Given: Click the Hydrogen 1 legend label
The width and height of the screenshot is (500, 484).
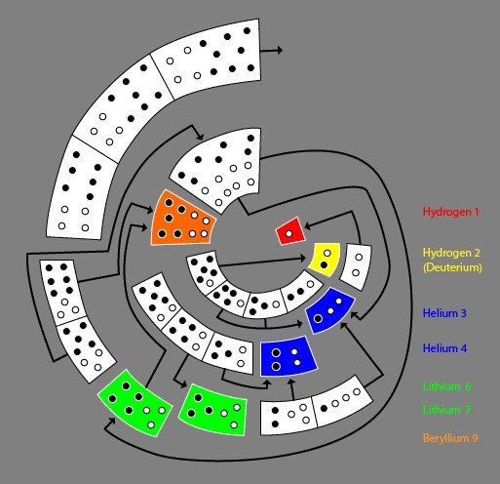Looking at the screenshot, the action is point(450,212).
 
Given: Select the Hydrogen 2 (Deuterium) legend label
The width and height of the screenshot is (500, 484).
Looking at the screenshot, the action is point(452,260).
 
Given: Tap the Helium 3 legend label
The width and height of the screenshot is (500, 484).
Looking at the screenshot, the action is point(444,313).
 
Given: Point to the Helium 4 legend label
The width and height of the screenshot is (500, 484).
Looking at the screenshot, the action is point(444,348).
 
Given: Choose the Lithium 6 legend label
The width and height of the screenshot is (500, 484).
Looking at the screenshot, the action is point(446,386).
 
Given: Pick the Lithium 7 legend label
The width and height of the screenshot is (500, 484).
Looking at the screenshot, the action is point(446,410).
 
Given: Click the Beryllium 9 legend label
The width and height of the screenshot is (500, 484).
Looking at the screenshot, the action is point(450,438).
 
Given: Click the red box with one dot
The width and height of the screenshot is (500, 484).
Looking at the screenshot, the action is point(290,231).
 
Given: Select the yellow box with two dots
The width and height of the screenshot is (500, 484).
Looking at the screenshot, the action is point(325,260).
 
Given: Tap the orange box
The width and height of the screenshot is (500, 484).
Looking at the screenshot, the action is point(182,220).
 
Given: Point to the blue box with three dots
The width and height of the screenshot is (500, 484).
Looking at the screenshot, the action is point(329,310).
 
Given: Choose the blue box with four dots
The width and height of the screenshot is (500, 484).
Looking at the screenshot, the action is point(288,356).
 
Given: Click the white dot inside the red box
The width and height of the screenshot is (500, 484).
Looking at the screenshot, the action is point(288,233).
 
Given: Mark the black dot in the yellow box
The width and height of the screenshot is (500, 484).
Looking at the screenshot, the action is point(324,265).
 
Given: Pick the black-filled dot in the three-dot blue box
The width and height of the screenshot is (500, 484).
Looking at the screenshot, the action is point(319,319).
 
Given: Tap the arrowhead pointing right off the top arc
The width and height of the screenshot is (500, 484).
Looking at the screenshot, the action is point(279,50).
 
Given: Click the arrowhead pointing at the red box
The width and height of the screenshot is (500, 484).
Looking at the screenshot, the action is point(307,225).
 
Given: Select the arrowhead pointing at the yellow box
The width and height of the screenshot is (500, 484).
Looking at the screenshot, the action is point(302,259).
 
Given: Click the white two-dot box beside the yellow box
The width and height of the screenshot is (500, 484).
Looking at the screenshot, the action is point(356,266).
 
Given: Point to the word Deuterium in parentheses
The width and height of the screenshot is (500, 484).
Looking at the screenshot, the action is point(452,267).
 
